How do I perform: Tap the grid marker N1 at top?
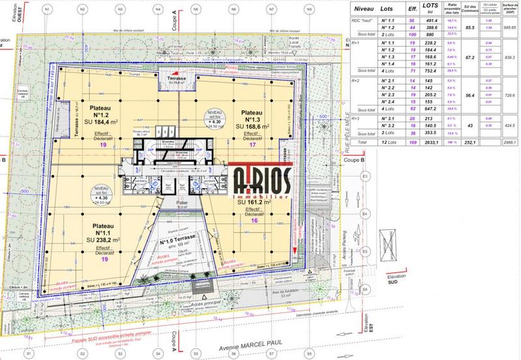click(48, 9)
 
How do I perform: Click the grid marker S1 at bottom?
click(29, 353)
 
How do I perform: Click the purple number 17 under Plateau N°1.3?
click(251, 145)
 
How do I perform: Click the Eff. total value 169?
click(412, 141)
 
